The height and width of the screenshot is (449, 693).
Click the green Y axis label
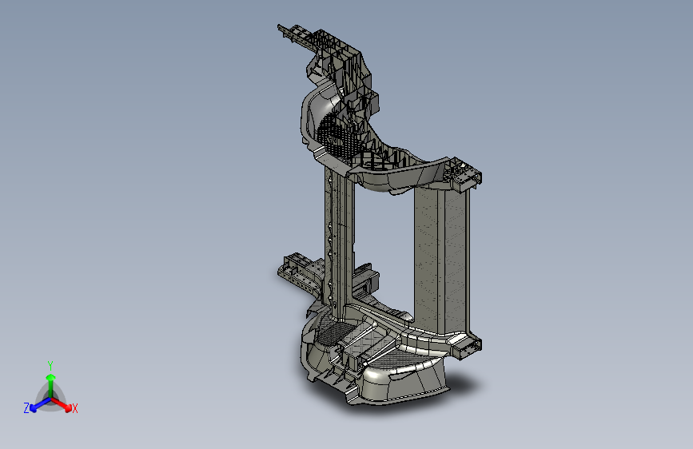click(x=50, y=365)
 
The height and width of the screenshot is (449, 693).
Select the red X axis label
click(x=74, y=408)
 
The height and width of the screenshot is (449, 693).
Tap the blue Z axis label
click(x=26, y=408)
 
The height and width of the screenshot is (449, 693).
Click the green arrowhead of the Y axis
click(x=51, y=377)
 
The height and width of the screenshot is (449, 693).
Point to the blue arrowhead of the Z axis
click(x=33, y=408)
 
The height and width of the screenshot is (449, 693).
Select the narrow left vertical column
click(x=340, y=239)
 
